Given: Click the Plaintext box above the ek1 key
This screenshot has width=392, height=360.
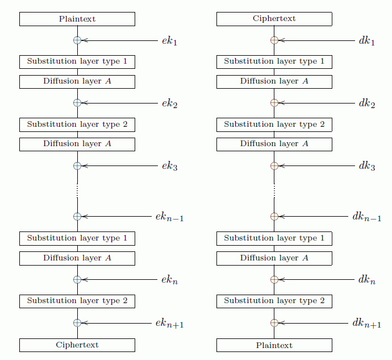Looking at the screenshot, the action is [x=77, y=19].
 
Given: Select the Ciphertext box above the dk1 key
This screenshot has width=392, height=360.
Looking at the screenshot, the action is [x=274, y=19].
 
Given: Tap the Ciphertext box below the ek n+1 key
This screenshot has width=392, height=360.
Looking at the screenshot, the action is [x=77, y=345].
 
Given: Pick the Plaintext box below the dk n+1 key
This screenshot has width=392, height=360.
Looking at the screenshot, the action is [x=274, y=345].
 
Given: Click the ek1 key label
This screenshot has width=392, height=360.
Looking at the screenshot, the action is [x=169, y=41].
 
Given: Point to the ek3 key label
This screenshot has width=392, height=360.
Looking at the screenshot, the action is [x=170, y=166].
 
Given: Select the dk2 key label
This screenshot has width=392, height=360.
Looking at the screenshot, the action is [x=367, y=104].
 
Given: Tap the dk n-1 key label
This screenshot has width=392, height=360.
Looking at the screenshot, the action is [x=367, y=217].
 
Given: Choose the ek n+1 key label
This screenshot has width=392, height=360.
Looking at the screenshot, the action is [x=169, y=323].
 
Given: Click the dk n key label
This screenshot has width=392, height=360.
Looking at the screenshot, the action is [x=367, y=280].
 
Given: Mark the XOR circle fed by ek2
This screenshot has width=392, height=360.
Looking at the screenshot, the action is [x=77, y=103].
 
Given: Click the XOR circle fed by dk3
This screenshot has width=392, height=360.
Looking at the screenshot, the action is [x=274, y=165].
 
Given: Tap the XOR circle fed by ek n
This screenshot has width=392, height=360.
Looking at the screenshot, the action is [x=77, y=279].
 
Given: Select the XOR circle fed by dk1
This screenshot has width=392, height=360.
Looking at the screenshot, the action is [x=274, y=40].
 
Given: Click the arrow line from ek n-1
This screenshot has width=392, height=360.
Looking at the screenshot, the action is [x=116, y=216].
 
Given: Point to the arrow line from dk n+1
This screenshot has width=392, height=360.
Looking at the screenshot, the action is [x=313, y=323].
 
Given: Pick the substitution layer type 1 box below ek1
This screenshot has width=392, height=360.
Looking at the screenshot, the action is [x=77, y=62].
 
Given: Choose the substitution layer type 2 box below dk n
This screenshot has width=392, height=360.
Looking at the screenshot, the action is [x=274, y=301].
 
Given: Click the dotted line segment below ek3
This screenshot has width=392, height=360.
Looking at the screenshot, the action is [x=77, y=191].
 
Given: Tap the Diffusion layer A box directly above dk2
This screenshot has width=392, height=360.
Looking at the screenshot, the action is [x=274, y=82].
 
